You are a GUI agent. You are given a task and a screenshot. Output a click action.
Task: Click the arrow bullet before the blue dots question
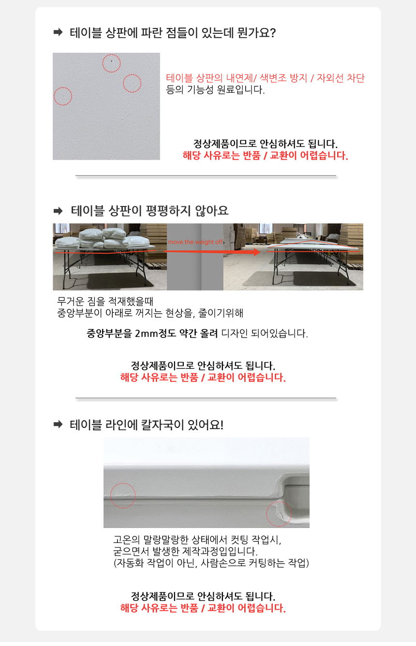click(x=58, y=32)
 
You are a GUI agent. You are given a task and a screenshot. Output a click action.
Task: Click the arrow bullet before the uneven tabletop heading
click(x=58, y=211)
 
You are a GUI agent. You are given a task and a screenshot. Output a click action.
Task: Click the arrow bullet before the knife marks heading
click(x=58, y=424)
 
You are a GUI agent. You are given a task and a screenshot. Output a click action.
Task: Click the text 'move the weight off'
click(x=195, y=242)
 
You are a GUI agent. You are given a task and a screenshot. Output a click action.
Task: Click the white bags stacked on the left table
click(x=103, y=238)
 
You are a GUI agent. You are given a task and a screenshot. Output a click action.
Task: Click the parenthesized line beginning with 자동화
click(x=211, y=563)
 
